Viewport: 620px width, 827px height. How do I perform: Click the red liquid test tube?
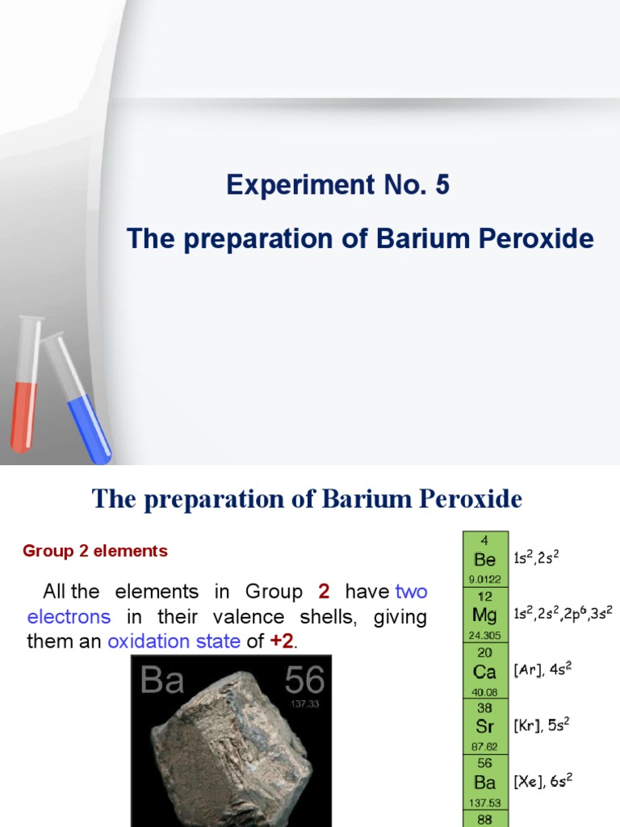pyautogui.click(x=25, y=396)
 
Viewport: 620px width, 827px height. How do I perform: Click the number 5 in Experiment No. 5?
pyautogui.click(x=442, y=186)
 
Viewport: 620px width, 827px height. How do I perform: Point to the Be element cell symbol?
pyautogui.click(x=485, y=560)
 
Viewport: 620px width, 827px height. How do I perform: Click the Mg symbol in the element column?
pyautogui.click(x=485, y=615)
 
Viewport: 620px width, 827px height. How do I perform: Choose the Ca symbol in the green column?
pyautogui.click(x=485, y=671)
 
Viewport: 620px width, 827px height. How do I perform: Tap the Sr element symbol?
pyautogui.click(x=485, y=726)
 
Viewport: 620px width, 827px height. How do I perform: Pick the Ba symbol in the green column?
pyautogui.click(x=485, y=782)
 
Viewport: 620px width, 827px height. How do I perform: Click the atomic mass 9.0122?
pyautogui.click(x=485, y=578)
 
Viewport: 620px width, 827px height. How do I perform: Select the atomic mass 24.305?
pyautogui.click(x=485, y=635)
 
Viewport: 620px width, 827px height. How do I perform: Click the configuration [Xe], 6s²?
pyautogui.click(x=542, y=781)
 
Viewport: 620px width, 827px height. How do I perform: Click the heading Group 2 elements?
pyautogui.click(x=95, y=552)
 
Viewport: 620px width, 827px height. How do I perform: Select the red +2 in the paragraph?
pyautogui.click(x=282, y=642)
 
